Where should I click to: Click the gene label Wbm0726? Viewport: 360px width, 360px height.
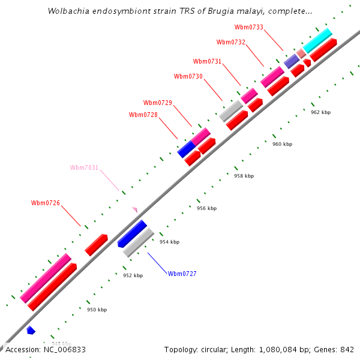pos(46,203)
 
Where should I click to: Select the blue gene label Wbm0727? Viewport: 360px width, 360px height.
pos(182,274)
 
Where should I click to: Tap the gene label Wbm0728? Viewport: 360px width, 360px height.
pos(143,115)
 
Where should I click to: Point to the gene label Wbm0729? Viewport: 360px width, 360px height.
pos(158,103)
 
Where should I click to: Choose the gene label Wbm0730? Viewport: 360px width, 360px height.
pos(188,76)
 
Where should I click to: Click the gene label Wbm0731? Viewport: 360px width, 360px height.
pos(208,61)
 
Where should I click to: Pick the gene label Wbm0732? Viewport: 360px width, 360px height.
pos(231,42)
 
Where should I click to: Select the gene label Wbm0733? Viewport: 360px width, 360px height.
pos(249,27)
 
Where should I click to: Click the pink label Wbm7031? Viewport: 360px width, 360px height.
pos(85,167)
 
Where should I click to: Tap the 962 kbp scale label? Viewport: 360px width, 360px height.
pos(321,112)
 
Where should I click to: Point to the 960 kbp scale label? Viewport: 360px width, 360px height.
pos(283,144)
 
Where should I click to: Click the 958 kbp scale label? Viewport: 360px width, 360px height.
pos(244,176)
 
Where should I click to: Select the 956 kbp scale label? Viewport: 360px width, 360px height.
pos(207,208)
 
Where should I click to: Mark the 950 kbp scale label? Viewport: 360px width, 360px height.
pos(97,310)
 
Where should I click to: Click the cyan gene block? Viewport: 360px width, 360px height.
pos(317,40)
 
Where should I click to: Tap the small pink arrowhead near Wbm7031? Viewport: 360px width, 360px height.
pos(135,209)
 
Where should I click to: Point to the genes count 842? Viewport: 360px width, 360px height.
pos(347,349)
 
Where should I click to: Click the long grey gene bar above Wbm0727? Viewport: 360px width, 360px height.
pos(139,242)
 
